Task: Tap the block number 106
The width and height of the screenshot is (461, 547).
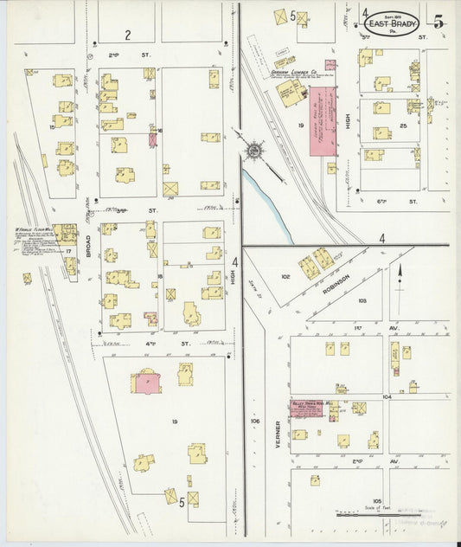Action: click(x=255, y=422)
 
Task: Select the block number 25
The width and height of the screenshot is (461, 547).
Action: click(x=404, y=126)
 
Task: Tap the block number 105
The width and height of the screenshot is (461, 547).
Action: click(x=377, y=500)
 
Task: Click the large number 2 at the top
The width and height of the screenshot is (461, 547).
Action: click(x=126, y=35)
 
